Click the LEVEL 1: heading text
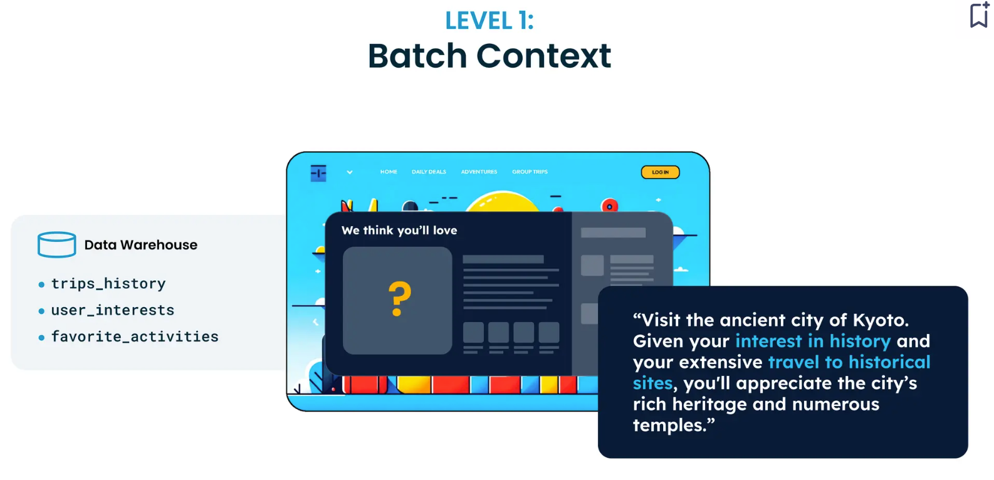[489, 21]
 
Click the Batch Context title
[489, 56]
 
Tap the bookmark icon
[979, 14]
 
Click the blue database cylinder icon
[57, 244]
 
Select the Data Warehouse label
[140, 245]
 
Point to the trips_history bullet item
[108, 283]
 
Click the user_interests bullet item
[113, 310]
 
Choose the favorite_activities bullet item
[135, 337]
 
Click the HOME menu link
[389, 172]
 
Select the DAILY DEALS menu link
[429, 172]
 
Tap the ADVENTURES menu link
[479, 172]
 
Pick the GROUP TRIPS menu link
[530, 172]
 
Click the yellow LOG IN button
[661, 172]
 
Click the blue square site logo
[318, 173]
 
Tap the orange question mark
[399, 299]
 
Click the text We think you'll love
[399, 230]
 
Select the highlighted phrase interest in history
[813, 341]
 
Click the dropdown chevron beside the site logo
[350, 172]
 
